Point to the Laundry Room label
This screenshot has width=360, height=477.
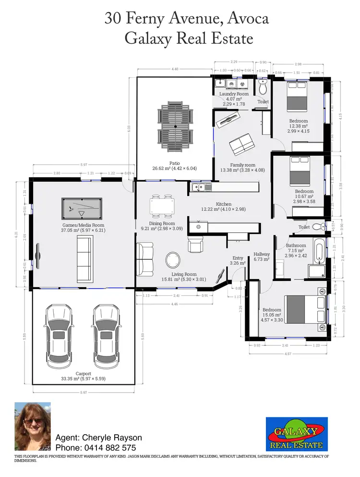point(234,94)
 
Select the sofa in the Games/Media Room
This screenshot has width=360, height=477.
point(85,259)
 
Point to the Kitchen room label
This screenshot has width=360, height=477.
point(224,204)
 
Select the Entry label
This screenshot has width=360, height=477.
point(238,258)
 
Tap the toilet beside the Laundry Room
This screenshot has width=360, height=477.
point(263,87)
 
